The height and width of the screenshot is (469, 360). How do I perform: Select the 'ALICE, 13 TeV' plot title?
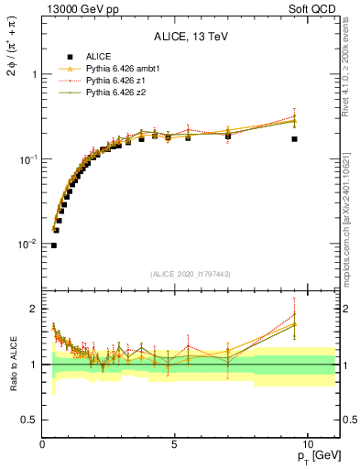click(x=191, y=38)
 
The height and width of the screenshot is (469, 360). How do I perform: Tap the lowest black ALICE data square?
click(x=54, y=245)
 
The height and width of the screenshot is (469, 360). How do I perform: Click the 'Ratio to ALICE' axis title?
click(x=12, y=364)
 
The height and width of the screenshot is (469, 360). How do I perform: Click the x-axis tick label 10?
click(x=306, y=442)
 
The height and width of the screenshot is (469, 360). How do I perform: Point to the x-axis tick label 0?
click(x=43, y=442)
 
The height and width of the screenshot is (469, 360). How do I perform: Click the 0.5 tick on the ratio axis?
click(x=29, y=420)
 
